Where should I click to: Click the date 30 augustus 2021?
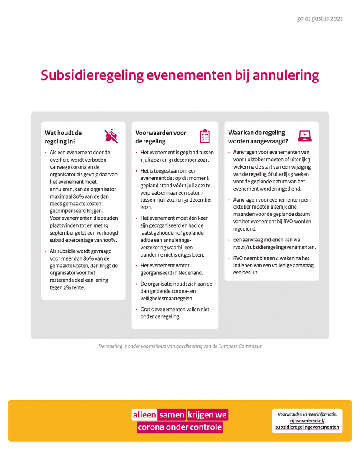pos(320,19)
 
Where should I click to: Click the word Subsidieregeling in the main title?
pos(92,75)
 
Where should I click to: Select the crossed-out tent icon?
pos(111,137)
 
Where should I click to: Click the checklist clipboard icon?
pos(204,136)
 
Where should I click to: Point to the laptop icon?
pos(304,136)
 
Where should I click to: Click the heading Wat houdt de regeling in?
pos(63,137)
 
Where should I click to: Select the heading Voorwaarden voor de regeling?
pos(160,137)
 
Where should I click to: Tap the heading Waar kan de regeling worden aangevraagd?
pos(258,137)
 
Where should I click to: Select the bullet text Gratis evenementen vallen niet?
pos(175,310)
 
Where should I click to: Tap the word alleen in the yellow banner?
pos(145,415)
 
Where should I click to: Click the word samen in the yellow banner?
pos(172,415)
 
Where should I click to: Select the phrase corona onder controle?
pos(180,427)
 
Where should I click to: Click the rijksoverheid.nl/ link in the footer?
pos(307,421)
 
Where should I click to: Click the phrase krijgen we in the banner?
pos(207,415)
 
